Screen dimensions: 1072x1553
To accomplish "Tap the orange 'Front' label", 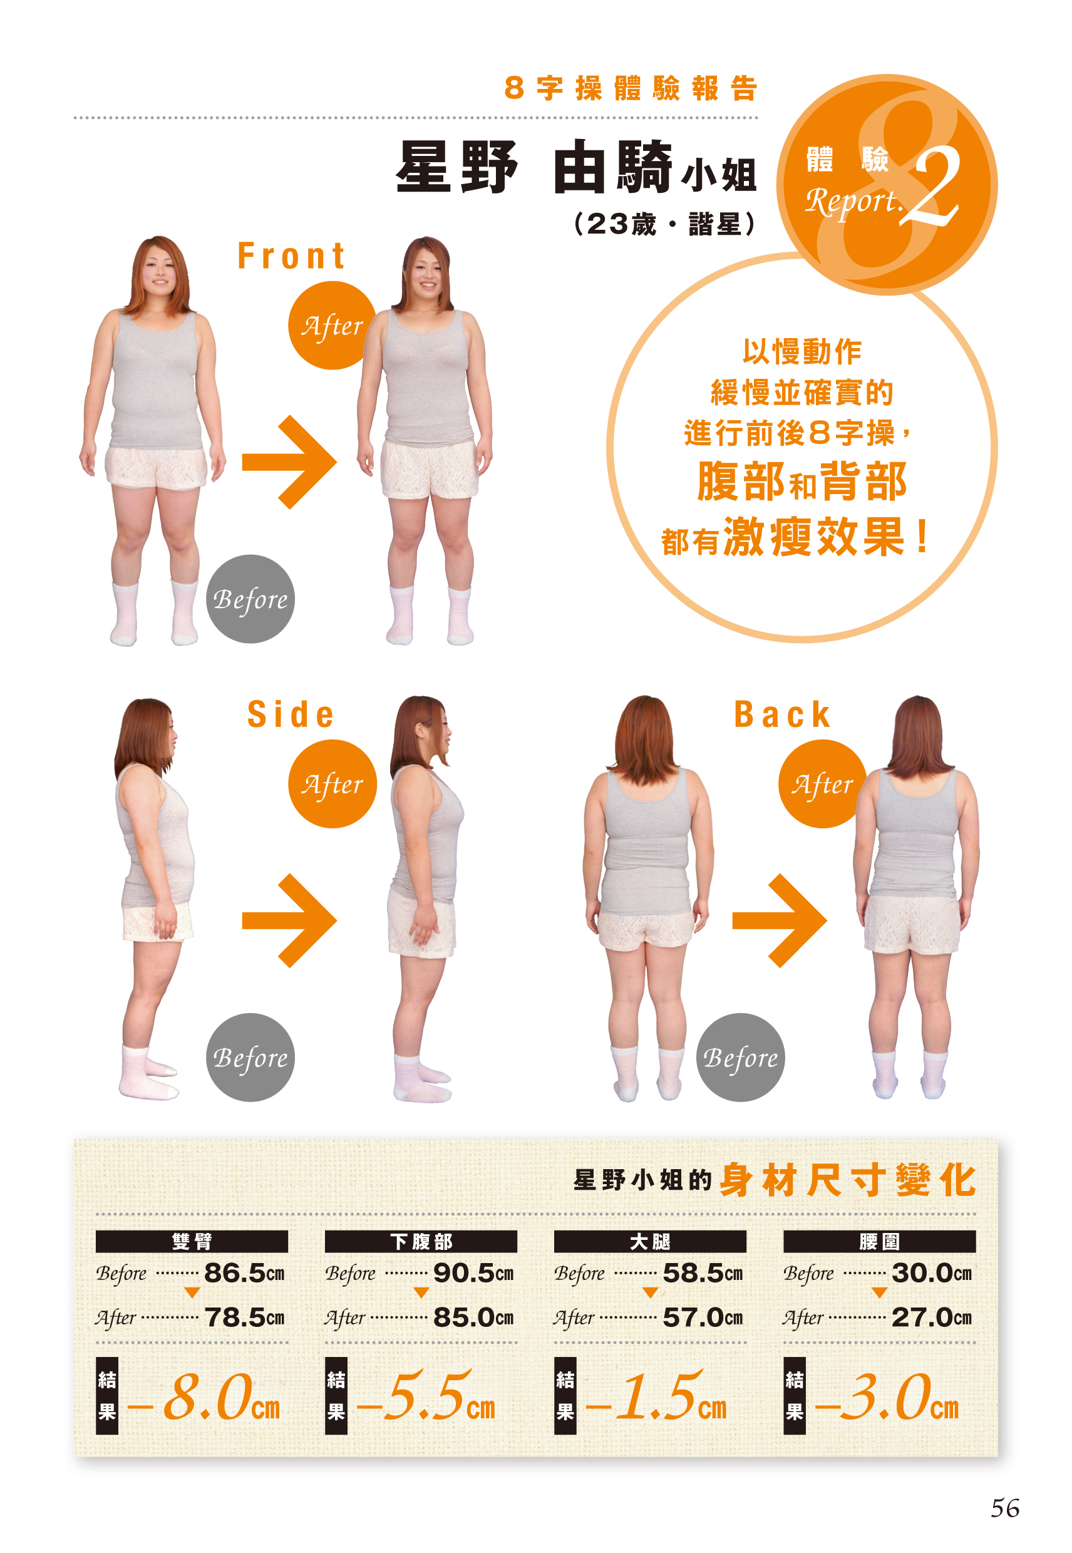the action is pos(292,256).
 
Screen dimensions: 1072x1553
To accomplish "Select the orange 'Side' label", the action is pos(290,713).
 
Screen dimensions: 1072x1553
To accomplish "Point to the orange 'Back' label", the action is pos(782,713).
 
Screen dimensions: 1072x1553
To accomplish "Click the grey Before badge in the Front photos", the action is pos(250,599).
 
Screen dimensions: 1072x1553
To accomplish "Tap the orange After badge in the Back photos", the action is pos(822,783).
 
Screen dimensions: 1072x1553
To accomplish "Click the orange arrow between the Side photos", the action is pos(289,921).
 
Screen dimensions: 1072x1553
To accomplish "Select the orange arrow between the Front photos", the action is pos(289,462).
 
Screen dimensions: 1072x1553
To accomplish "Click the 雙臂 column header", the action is pos(192,1241).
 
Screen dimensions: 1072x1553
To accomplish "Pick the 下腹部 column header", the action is pos(421,1241).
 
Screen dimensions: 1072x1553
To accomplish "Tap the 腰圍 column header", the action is pos(879,1241).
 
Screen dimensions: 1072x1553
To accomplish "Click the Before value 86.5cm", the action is pos(244,1273).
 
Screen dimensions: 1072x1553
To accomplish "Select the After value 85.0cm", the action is pos(473,1317).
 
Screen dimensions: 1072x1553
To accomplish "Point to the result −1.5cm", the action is pos(656,1397).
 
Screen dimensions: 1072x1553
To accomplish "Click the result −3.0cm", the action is pos(887,1397).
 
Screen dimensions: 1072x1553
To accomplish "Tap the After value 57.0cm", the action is pos(703,1317).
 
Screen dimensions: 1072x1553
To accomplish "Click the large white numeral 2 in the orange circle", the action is pos(935,187).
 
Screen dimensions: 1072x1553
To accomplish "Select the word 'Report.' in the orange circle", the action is pos(853,202).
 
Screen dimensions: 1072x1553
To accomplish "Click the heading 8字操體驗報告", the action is pos(631,88).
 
